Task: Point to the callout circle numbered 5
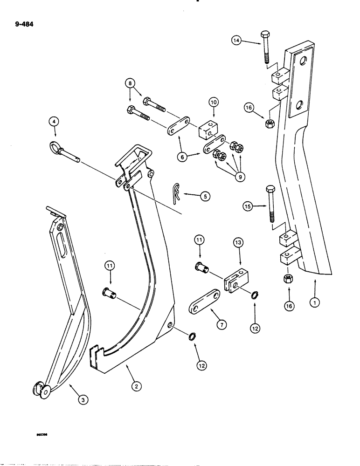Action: [205, 197]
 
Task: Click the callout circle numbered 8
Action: [129, 85]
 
